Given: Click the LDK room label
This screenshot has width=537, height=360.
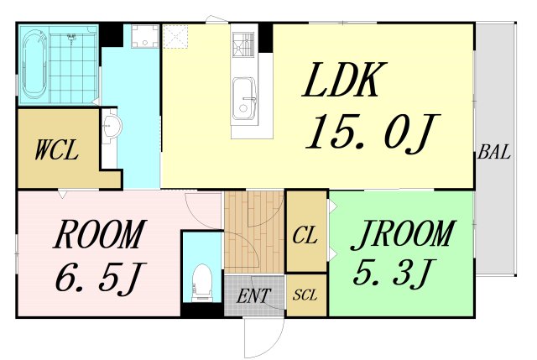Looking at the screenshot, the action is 344,80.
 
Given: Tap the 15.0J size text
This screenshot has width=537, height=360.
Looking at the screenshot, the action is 373,132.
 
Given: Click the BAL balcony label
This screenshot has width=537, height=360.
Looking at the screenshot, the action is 494,152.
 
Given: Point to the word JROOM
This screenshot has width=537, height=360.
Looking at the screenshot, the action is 403,234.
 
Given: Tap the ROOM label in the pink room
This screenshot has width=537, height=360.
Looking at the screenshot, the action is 100,234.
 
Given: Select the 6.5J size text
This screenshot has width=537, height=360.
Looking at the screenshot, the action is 101,277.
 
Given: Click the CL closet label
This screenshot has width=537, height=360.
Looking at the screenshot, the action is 305,235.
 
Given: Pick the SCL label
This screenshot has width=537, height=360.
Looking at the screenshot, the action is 305,295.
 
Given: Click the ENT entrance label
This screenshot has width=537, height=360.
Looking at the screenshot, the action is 253,296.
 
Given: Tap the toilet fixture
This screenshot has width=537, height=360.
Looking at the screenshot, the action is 202,283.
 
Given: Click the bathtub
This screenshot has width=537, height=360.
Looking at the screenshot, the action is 34,65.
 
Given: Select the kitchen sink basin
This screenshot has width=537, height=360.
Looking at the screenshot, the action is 244,99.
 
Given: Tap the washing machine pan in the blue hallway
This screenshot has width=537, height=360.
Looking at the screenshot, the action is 145,36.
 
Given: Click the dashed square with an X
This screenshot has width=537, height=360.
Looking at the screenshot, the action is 175,36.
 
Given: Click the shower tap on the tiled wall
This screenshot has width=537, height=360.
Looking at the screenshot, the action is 71,38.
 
